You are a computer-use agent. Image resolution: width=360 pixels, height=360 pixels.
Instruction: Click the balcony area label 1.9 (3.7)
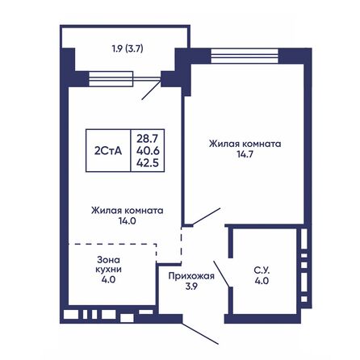click(x=123, y=48)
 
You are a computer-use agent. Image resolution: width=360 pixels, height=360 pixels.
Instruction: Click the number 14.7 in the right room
click(x=245, y=156)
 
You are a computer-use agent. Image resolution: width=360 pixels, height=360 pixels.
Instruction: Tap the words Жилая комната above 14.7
click(x=245, y=144)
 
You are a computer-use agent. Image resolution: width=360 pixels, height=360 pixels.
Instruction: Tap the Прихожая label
click(x=190, y=275)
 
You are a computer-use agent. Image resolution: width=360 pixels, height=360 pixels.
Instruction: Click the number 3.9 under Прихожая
click(x=190, y=287)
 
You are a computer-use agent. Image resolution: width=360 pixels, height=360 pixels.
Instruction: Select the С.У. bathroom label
click(x=261, y=270)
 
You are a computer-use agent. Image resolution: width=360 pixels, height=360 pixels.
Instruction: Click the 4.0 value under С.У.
click(x=261, y=282)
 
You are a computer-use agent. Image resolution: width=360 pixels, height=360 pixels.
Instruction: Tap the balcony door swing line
click(x=151, y=90)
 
